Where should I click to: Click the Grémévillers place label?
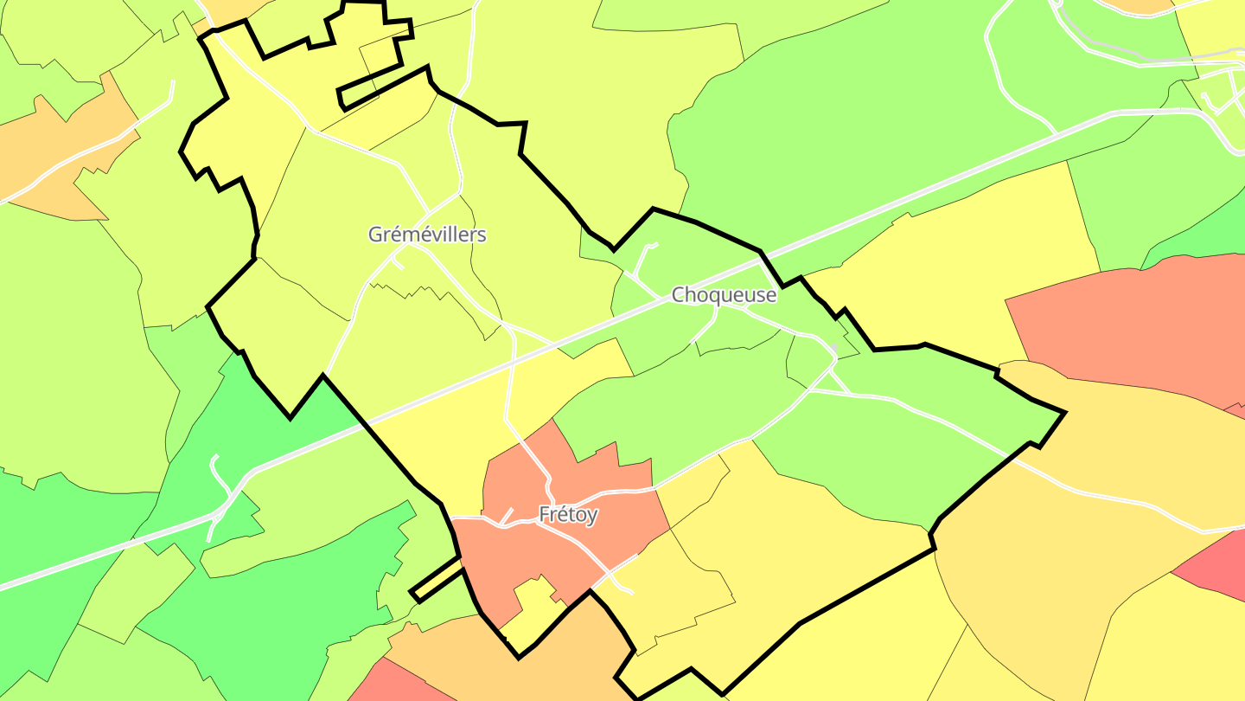click(427, 235)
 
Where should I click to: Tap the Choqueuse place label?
click(725, 295)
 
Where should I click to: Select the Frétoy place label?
click(568, 514)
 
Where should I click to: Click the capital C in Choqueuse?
click(680, 295)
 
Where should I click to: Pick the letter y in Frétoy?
click(592, 516)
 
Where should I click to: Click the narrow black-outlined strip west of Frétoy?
click(436, 578)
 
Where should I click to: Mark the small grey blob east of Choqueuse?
click(834, 348)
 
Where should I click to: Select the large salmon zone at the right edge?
click(1124, 320)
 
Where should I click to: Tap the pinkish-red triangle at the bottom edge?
click(389, 684)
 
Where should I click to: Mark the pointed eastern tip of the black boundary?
click(1064, 413)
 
